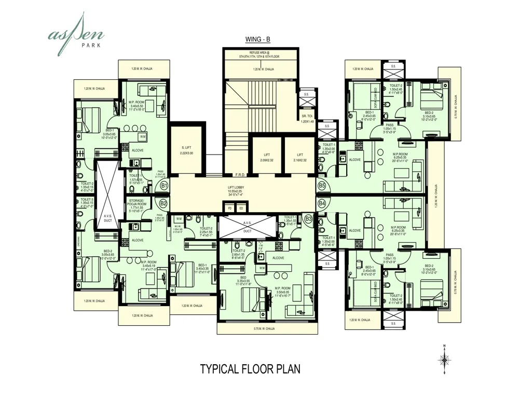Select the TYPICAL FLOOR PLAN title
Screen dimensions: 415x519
[250, 369]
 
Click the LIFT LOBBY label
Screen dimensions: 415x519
[243, 190]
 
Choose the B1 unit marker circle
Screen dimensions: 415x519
[164, 185]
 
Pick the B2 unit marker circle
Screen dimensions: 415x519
[163, 203]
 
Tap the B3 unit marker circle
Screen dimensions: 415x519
[309, 219]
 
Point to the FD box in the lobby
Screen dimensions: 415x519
[229, 208]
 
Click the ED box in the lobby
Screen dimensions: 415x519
[241, 208]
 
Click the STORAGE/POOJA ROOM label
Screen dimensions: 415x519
[139, 205]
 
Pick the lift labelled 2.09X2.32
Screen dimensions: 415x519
[267, 157]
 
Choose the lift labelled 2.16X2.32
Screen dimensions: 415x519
[300, 157]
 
